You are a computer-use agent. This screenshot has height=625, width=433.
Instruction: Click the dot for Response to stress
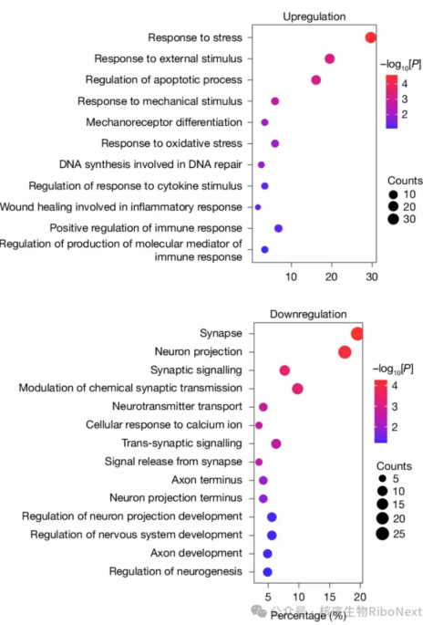pyautogui.click(x=370, y=37)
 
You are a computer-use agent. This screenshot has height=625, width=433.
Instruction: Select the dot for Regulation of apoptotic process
pyautogui.click(x=316, y=80)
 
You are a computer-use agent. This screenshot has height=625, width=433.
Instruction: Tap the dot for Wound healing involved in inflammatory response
pyautogui.click(x=258, y=207)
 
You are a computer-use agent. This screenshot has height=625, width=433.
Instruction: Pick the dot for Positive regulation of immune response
pyautogui.click(x=278, y=228)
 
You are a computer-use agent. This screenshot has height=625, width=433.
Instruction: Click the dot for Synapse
pyautogui.click(x=357, y=334)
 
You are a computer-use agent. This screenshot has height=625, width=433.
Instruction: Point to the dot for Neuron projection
pyautogui.click(x=345, y=352)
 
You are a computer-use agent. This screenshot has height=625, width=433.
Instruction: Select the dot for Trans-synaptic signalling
pyautogui.click(x=276, y=443)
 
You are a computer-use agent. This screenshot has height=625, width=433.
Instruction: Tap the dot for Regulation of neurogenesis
pyautogui.click(x=267, y=572)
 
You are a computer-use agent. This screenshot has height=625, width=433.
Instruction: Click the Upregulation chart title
pyautogui.click(x=314, y=16)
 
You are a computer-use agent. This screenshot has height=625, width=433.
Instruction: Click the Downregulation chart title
pyautogui.click(x=308, y=314)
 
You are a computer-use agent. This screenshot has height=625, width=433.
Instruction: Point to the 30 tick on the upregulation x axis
pyautogui.click(x=372, y=276)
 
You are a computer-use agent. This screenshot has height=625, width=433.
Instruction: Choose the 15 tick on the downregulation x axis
pyautogui.click(x=329, y=597)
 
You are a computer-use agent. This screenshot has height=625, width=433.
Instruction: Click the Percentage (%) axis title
pyautogui.click(x=308, y=616)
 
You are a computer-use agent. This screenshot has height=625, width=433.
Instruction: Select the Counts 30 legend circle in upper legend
pyautogui.click(x=393, y=219)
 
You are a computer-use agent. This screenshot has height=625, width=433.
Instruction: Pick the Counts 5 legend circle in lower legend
pyautogui.click(x=383, y=478)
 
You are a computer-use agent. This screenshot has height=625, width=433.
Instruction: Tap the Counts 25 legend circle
pyautogui.click(x=383, y=534)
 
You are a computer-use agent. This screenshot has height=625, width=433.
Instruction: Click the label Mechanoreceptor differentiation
pyautogui.click(x=164, y=122)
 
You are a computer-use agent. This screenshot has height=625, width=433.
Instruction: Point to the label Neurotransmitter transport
pyautogui.click(x=177, y=406)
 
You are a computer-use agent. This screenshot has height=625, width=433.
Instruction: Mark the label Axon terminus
pyautogui.click(x=207, y=480)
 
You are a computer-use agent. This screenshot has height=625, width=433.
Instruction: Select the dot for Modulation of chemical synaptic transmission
pyautogui.click(x=297, y=389)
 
